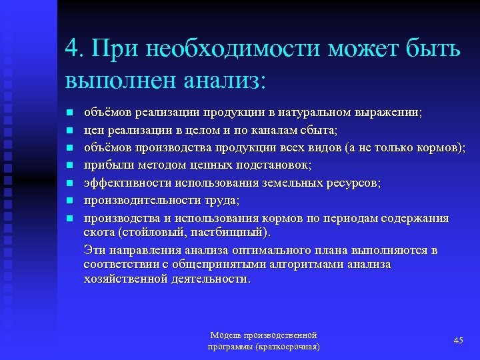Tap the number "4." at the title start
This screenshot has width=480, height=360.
(76, 49)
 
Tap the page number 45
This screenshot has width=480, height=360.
(458, 341)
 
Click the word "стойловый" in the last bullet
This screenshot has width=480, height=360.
(142, 233)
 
